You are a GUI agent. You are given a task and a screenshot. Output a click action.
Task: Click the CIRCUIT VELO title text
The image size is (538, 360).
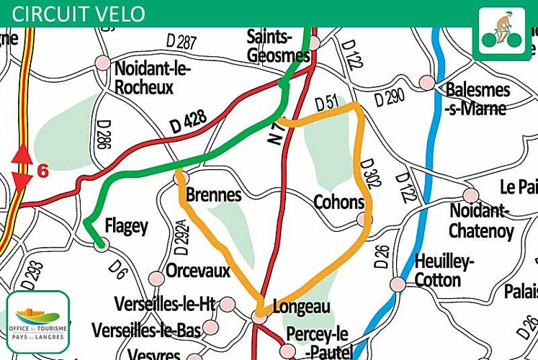point(79,14)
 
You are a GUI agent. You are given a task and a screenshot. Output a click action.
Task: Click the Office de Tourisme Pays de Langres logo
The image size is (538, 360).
point(38,321)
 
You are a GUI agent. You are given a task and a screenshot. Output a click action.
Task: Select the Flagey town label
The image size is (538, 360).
point(126,226)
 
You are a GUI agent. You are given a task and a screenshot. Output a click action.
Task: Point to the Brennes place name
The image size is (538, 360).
point(213,194)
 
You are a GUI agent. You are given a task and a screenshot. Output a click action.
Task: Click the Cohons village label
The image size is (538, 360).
point(338,202)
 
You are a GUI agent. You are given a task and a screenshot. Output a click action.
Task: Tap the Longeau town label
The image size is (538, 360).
point(302,307)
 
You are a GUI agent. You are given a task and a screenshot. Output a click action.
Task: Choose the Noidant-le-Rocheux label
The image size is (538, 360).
point(145,76)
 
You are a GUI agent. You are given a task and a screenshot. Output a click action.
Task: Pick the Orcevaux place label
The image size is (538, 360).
point(197,271)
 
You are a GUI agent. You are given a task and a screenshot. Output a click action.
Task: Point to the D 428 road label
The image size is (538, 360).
point(188,121)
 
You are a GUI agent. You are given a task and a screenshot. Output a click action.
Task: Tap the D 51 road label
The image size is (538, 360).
point(326,103)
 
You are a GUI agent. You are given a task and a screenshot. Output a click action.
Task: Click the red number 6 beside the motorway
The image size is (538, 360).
point(42,171)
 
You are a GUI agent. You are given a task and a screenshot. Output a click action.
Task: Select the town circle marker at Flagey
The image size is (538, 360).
point(102,245)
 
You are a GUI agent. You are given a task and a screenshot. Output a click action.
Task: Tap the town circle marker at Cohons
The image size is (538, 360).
point(362,220)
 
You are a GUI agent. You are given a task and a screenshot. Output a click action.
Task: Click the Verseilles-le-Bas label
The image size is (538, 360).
point(146,330)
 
